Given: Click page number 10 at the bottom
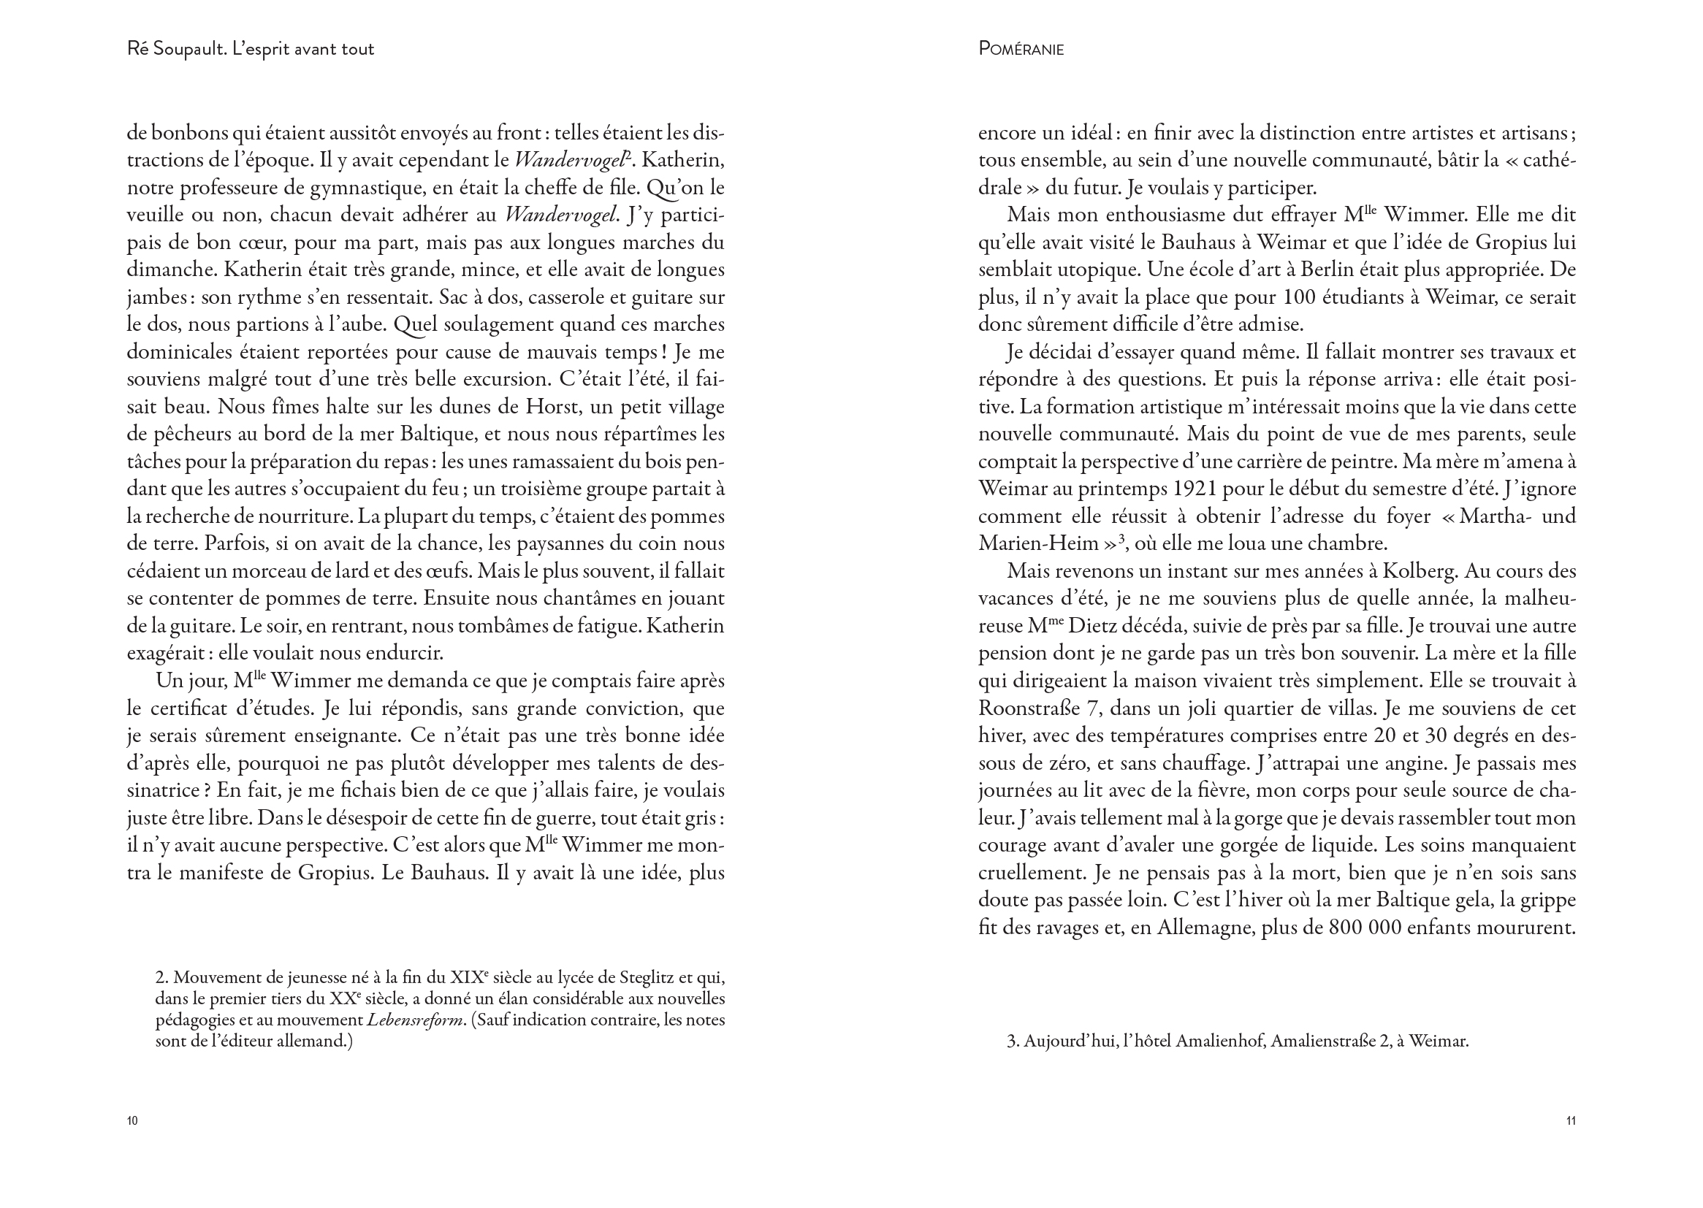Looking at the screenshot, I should [132, 1120].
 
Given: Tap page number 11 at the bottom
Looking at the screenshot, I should [1571, 1120].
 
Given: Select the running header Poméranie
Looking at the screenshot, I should [1021, 49].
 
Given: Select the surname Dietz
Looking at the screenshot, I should [1061, 627].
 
